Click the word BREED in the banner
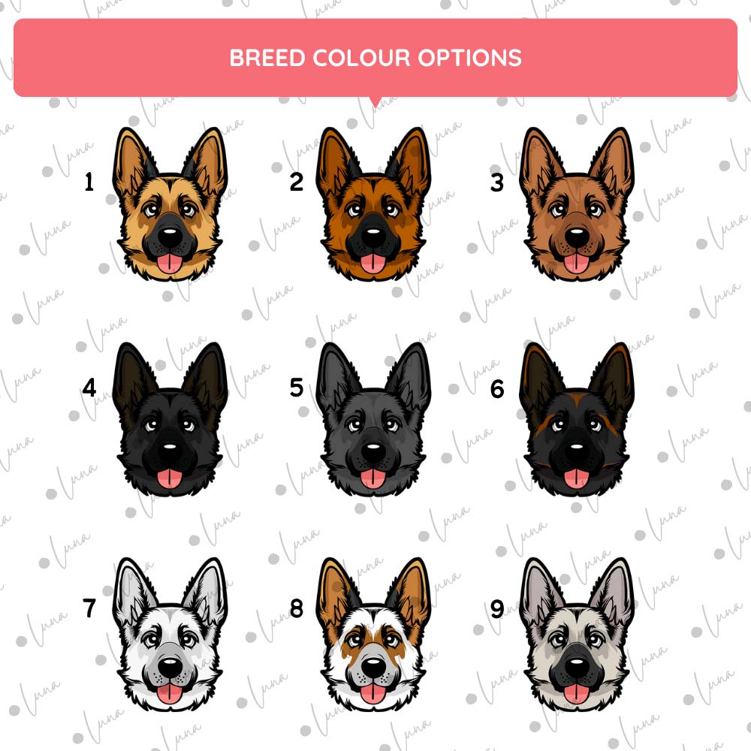[267, 58]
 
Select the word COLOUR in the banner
[361, 58]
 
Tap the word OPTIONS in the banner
[470, 58]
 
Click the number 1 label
[89, 182]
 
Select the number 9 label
[497, 609]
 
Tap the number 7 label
[89, 608]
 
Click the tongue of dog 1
[170, 263]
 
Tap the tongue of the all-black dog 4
[170, 478]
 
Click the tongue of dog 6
[577, 478]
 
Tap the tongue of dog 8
[373, 693]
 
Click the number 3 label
[497, 182]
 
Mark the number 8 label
[297, 608]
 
